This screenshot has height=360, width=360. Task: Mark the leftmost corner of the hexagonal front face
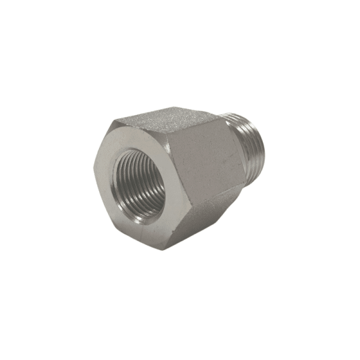tap(95, 169)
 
